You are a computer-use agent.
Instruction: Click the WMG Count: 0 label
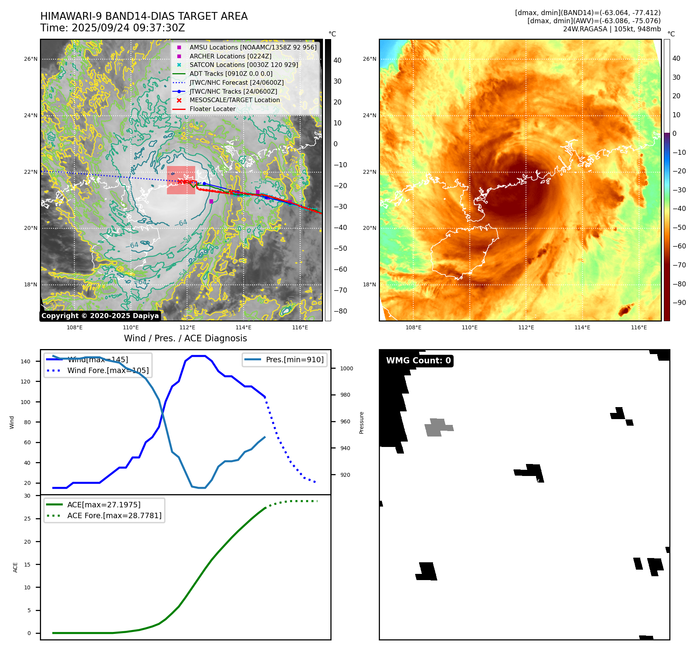(418, 361)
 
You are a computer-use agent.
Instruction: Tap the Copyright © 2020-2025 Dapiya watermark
(100, 316)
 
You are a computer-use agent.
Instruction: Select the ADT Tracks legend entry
(230, 74)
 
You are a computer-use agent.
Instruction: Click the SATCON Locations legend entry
(244, 65)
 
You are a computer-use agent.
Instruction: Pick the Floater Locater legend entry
(212, 109)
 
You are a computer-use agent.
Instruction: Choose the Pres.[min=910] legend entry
(294, 360)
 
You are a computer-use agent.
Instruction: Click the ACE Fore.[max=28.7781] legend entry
(114, 515)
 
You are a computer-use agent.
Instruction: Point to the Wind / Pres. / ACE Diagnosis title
(185, 338)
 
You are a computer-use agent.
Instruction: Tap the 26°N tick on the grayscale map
(31, 59)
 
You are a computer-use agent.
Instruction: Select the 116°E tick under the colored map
(639, 327)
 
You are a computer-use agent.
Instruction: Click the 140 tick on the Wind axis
(26, 361)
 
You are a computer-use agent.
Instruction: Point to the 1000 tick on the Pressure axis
(347, 368)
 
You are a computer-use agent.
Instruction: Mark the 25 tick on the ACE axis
(27, 519)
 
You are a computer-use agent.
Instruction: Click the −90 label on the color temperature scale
(679, 303)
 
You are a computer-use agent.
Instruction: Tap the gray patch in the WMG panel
(438, 427)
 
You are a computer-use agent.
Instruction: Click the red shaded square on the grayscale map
(181, 180)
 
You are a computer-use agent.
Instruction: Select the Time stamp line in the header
(112, 28)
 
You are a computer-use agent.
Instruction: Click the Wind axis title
(12, 422)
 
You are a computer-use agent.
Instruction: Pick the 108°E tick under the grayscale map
(74, 327)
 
